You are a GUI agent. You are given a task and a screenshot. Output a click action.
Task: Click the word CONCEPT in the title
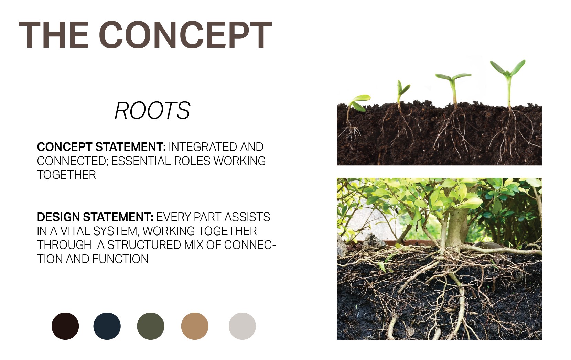(x=185, y=35)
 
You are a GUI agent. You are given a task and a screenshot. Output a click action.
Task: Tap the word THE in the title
(x=54, y=35)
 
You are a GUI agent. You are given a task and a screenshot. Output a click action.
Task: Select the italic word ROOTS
(x=152, y=110)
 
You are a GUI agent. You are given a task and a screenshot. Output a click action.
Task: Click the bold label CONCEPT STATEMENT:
(x=101, y=147)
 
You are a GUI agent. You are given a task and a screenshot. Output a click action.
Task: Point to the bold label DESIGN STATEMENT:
(x=95, y=217)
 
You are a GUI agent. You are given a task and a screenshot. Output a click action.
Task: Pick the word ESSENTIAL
(x=141, y=161)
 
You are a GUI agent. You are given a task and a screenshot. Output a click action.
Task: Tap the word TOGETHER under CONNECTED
(x=66, y=175)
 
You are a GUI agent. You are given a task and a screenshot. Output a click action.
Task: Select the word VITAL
(x=75, y=231)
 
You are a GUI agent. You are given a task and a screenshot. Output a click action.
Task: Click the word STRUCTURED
(x=144, y=245)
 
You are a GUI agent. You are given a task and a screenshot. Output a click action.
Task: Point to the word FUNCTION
(x=120, y=259)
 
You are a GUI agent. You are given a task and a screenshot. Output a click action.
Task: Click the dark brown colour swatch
(x=65, y=326)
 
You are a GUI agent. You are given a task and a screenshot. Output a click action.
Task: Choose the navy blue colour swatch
(x=107, y=326)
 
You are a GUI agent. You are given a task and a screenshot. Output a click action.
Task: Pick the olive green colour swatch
(x=151, y=326)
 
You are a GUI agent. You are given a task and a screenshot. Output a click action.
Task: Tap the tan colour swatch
(x=195, y=326)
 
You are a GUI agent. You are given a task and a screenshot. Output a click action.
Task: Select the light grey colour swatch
(x=242, y=326)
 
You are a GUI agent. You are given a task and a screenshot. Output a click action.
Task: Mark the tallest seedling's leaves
(x=508, y=68)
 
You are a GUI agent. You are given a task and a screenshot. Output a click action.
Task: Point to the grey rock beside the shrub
(x=374, y=240)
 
